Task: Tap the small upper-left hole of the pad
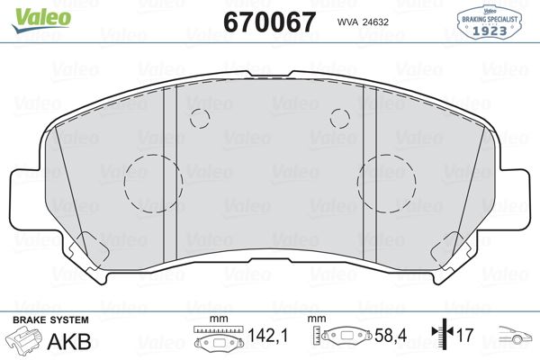(x=199, y=118)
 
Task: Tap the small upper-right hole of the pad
(x=339, y=118)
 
